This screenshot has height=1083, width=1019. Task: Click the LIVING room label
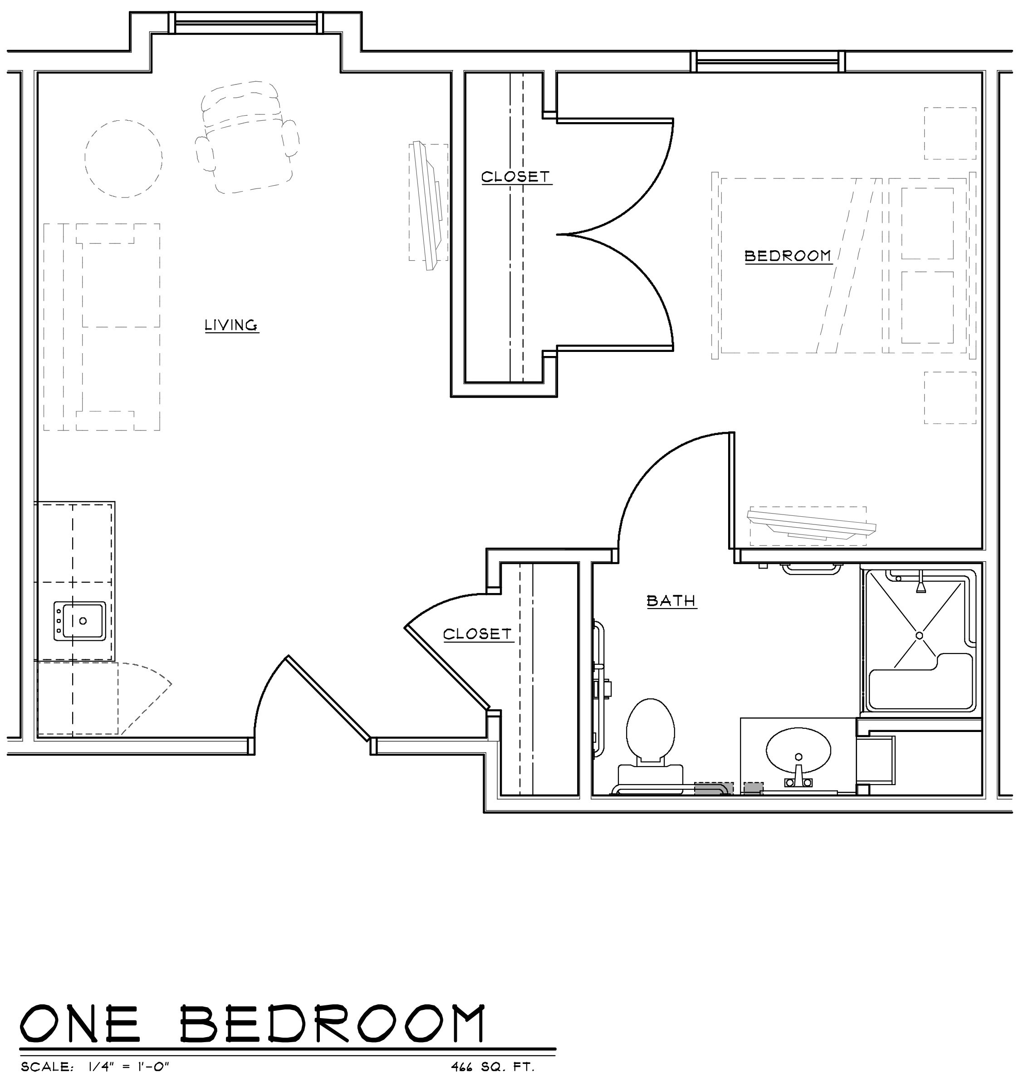(x=231, y=325)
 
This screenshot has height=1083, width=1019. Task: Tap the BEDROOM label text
(x=788, y=256)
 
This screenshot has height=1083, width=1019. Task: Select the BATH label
(x=671, y=601)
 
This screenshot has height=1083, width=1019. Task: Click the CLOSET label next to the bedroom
(x=516, y=177)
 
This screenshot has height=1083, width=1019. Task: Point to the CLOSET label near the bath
(x=477, y=634)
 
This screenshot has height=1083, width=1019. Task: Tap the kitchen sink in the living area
(x=79, y=620)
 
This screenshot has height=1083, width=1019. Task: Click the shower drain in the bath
(x=919, y=635)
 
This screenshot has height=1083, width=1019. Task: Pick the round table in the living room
(x=123, y=158)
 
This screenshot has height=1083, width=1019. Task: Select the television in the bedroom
(x=811, y=526)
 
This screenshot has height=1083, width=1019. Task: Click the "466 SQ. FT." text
(x=493, y=1067)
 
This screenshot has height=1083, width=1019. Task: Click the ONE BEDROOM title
(x=252, y=1023)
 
